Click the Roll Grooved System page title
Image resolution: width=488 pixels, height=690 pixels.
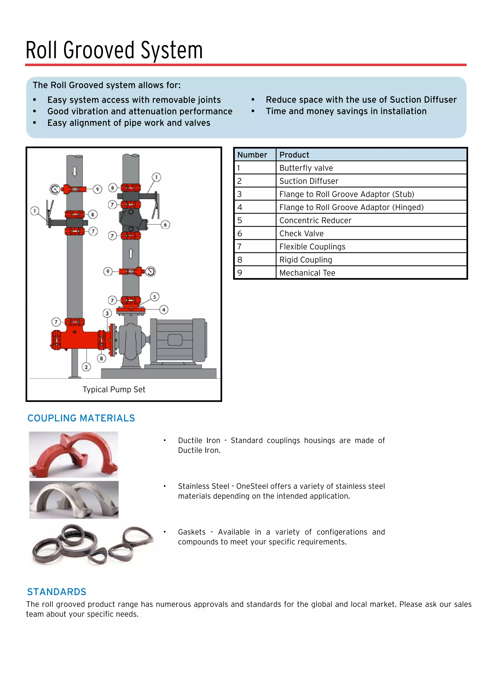pyautogui.click(x=114, y=50)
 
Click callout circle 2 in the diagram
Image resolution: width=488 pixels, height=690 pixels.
pyautogui.click(x=86, y=367)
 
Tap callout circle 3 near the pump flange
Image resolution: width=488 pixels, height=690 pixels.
pyautogui.click(x=107, y=314)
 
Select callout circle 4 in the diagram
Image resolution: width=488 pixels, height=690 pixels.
pyautogui.click(x=164, y=309)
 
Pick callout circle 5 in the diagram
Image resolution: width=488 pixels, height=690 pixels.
pyautogui.click(x=154, y=297)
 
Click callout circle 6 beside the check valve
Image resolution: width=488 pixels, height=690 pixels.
pyautogui.click(x=165, y=224)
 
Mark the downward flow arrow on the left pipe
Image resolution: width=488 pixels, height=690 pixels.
pyautogui.click(x=75, y=171)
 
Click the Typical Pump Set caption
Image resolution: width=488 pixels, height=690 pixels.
pyautogui.click(x=114, y=390)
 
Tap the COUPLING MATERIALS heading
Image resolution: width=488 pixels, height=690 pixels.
pyautogui.click(x=81, y=418)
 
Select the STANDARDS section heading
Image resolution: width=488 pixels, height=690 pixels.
pyautogui.click(x=56, y=592)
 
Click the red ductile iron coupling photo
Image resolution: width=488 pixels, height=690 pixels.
pyautogui.click(x=73, y=454)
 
